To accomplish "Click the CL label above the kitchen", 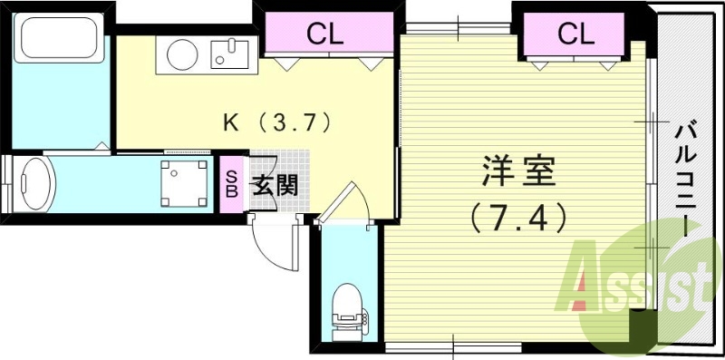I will click(x=324, y=35).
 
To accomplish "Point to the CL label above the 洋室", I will click(x=575, y=34).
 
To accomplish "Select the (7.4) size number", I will click(x=518, y=217).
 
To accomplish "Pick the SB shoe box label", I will click(x=231, y=184).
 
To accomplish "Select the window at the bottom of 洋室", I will click(x=453, y=345).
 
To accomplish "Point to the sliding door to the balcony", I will click(x=651, y=181).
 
